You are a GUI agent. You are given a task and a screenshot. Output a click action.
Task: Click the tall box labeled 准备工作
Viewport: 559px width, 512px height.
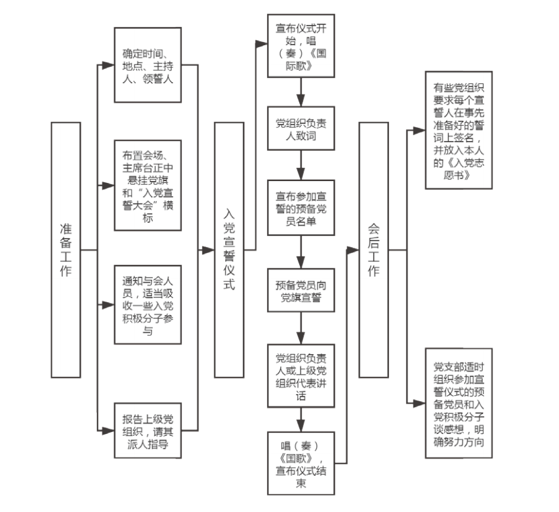click(x=66, y=250)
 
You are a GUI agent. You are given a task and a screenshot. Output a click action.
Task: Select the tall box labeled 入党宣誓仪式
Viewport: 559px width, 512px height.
click(x=229, y=250)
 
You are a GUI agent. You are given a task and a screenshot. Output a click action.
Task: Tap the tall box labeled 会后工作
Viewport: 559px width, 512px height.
click(x=373, y=250)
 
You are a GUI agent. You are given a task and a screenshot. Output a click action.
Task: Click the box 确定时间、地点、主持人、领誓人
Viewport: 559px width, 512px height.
click(x=148, y=65)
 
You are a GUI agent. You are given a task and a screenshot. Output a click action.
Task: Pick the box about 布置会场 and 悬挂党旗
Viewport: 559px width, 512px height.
click(x=148, y=186)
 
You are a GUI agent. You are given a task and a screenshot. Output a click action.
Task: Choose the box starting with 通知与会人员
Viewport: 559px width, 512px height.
click(x=148, y=305)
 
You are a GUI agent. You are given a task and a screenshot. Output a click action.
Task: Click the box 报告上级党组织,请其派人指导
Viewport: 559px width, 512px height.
click(x=148, y=431)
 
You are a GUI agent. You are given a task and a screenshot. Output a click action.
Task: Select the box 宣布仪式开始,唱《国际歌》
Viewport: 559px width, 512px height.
click(x=301, y=46)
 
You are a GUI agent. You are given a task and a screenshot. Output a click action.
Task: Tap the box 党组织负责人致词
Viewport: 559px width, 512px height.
click(x=301, y=128)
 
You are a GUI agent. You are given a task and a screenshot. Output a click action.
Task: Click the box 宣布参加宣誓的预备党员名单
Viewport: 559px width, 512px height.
click(x=301, y=208)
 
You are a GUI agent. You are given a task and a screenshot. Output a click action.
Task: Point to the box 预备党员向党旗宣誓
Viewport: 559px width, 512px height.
click(x=301, y=290)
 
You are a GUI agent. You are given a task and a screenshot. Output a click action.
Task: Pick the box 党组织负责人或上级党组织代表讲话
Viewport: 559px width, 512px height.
click(x=301, y=376)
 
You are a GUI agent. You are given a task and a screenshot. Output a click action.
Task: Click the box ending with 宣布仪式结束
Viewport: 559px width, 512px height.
click(x=301, y=463)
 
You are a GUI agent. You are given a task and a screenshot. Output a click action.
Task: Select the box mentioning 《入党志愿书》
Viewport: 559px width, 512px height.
click(x=459, y=130)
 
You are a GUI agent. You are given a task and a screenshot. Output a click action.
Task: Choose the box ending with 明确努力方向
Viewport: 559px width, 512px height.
click(x=459, y=403)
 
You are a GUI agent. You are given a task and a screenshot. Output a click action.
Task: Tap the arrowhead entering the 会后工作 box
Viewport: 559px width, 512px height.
click(x=352, y=250)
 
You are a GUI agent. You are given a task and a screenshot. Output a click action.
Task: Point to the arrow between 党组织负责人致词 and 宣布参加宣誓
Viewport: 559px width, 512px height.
click(x=301, y=165)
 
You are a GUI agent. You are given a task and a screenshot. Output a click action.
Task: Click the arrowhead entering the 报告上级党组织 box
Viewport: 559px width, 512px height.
click(x=108, y=431)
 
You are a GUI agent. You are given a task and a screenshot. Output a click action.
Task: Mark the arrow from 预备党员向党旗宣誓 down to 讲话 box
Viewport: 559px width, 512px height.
click(x=301, y=328)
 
